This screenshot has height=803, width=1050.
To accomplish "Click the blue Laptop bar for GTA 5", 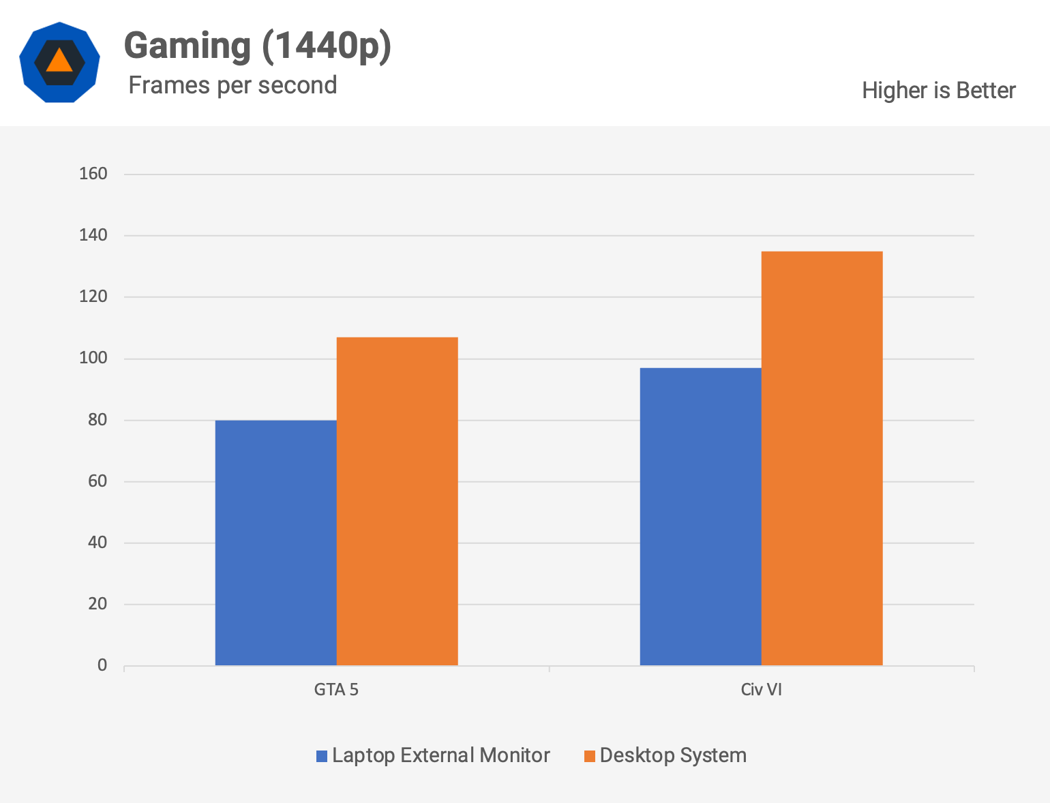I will (275, 543).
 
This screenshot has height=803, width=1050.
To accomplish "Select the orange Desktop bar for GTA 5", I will (397, 501).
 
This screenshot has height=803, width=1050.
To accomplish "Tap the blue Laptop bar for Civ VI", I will (700, 516).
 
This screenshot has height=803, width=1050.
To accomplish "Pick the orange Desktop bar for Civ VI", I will (822, 458).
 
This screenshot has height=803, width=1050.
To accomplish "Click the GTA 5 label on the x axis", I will (336, 689).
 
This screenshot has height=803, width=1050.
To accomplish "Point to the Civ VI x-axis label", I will (761, 689).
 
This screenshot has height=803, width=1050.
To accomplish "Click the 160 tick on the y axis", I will (93, 174).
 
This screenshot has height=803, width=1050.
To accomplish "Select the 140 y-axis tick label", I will (93, 235).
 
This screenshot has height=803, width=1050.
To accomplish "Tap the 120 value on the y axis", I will (93, 297).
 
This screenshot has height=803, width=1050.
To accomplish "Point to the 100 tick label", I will (93, 358).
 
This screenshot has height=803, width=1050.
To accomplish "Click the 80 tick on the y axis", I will (97, 420).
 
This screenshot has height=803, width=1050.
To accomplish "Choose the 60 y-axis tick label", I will (97, 481).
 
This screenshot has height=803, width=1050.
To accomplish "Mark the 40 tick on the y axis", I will (97, 543).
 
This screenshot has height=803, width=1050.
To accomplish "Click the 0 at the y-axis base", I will (102, 665).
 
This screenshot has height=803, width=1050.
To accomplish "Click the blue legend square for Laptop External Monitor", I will (322, 756).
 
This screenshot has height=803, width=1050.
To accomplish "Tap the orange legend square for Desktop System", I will (590, 756).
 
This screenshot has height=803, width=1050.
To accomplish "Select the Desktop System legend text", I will (673, 755).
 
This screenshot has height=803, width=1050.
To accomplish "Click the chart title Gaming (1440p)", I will (258, 46).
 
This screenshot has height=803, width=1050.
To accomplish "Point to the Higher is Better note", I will (938, 90).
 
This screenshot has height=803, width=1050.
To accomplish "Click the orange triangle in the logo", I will (59, 61).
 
